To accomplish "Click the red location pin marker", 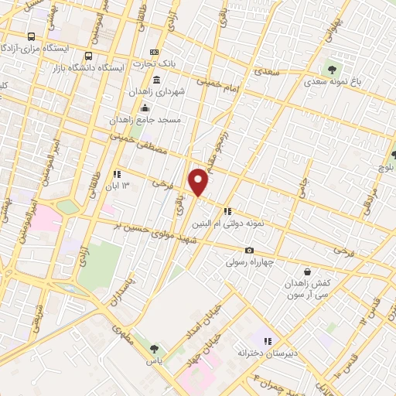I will (199, 181).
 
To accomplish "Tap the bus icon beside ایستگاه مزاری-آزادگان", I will (31, 36).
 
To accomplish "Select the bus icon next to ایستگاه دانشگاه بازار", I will (88, 56).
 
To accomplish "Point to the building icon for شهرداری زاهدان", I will (157, 80).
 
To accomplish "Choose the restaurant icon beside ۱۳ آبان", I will (118, 175).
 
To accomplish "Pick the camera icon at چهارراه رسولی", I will (249, 250).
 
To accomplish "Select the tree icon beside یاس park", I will (154, 349).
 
